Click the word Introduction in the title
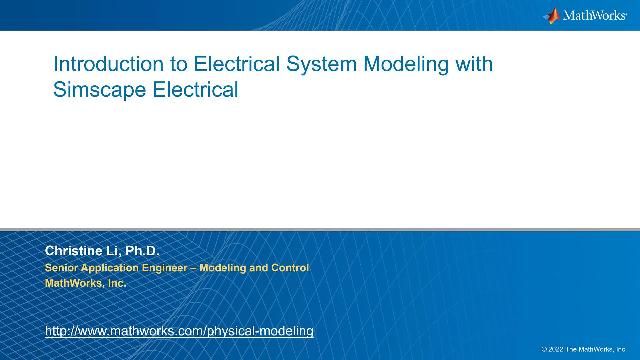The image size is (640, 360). click(103, 65)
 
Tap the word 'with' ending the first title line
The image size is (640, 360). click(473, 65)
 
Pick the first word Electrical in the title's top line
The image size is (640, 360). click(224, 65)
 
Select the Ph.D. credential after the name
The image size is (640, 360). click(140, 249)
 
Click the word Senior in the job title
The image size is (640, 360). click(63, 268)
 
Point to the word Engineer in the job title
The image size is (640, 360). click(173, 268)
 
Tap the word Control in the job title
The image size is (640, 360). click(289, 268)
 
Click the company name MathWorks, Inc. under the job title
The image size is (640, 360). click(84, 283)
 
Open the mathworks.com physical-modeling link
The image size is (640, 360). click(180, 330)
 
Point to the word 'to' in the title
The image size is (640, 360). click(168, 65)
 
